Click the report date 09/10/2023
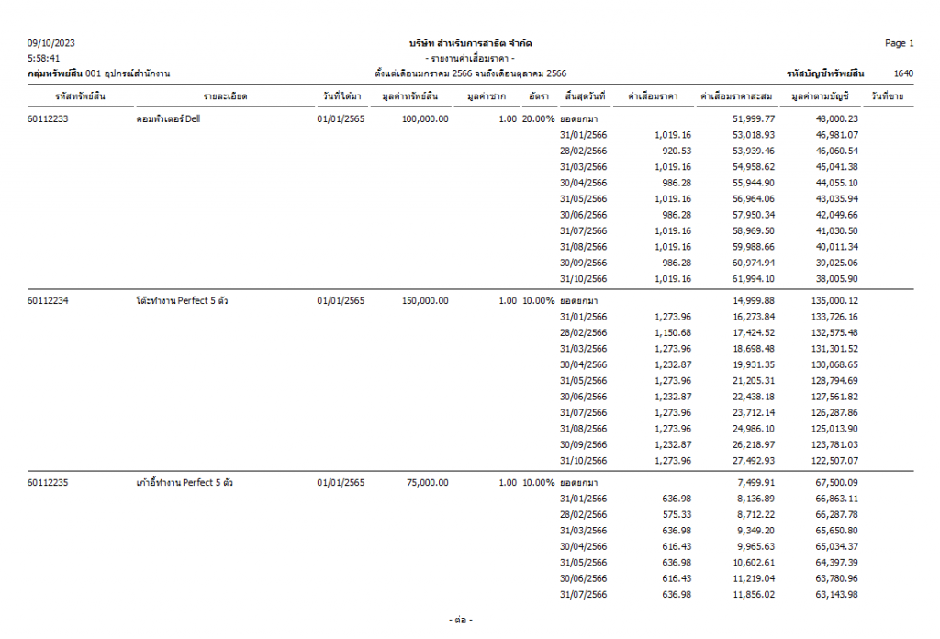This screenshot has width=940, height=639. pyautogui.click(x=51, y=43)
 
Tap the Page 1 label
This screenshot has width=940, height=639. pyautogui.click(x=899, y=43)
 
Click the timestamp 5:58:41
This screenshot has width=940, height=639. pyautogui.click(x=44, y=58)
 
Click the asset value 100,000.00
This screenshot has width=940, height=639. pyautogui.click(x=425, y=119)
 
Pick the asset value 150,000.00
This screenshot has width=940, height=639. pyautogui.click(x=425, y=301)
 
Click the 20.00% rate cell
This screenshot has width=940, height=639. pyautogui.click(x=538, y=119)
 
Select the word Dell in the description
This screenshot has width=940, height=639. pyautogui.click(x=192, y=119)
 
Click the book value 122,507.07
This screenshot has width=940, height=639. pyautogui.click(x=833, y=460)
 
